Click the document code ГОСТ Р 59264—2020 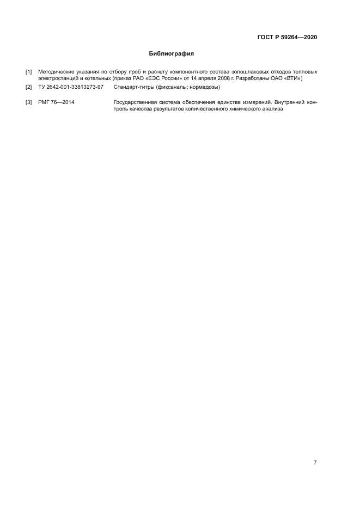click(287, 38)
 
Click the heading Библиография click(172, 54)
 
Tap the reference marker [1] click(29, 72)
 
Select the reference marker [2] click(29, 87)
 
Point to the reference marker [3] click(29, 102)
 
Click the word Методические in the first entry click(56, 72)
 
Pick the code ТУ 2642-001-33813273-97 click(71, 87)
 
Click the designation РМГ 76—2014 click(57, 102)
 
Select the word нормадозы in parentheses click(202, 87)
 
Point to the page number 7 click(315, 463)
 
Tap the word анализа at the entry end click(272, 109)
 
